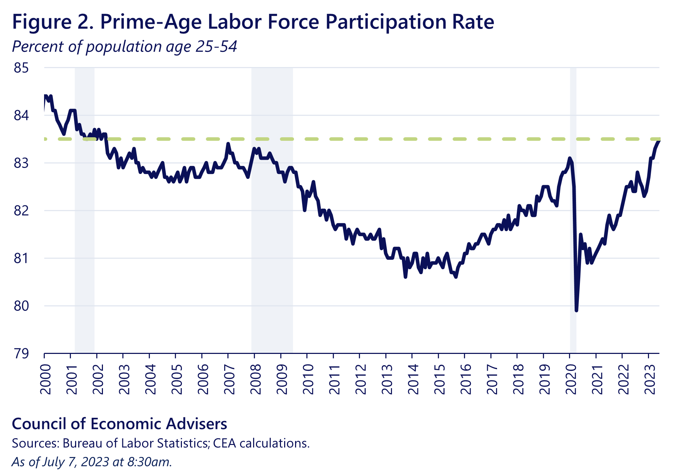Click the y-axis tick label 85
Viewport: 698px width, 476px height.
(x=21, y=68)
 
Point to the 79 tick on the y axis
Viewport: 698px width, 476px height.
(x=21, y=353)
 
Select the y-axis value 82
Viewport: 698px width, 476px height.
(x=21, y=211)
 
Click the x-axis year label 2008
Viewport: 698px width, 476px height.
(x=256, y=379)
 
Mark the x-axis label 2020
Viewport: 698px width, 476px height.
(x=571, y=379)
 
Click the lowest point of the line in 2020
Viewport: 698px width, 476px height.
(x=576, y=311)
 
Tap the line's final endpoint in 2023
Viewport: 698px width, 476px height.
(x=659, y=141)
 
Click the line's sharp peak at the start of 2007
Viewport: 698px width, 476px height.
(x=228, y=144)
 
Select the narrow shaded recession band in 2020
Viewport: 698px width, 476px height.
(x=573, y=212)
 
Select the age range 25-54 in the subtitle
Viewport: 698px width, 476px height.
(x=216, y=47)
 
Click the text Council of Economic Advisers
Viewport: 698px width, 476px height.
(x=120, y=424)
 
